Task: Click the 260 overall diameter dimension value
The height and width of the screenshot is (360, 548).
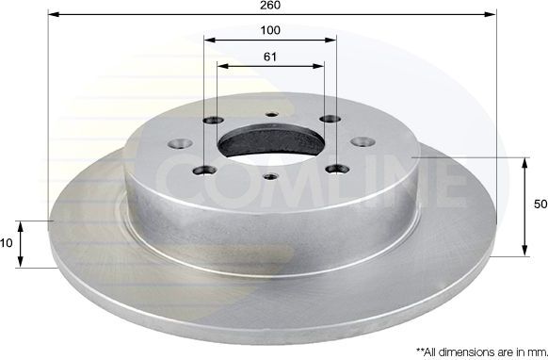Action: pyautogui.click(x=271, y=6)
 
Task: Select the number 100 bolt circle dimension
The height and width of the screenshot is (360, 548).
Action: pyautogui.click(x=270, y=30)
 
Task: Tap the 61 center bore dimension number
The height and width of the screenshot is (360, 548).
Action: pyautogui.click(x=270, y=57)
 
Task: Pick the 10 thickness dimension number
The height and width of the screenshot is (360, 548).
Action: pyautogui.click(x=6, y=243)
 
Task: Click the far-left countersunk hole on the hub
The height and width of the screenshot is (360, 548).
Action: pyautogui.click(x=177, y=145)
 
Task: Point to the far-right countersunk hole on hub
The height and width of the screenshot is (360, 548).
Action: pyautogui.click(x=361, y=141)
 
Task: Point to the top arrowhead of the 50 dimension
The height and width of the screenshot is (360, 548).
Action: pyautogui.click(x=524, y=163)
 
